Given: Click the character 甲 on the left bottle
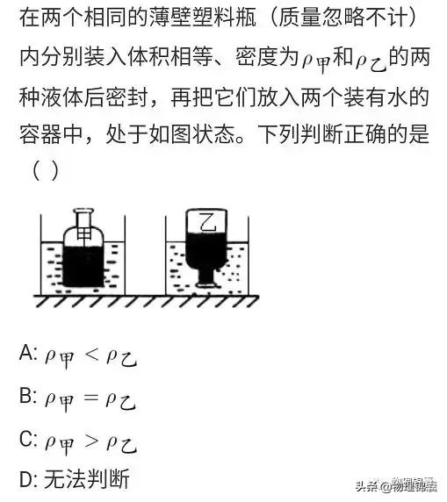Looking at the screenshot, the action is (x=83, y=235).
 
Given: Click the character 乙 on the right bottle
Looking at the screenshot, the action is (x=207, y=222).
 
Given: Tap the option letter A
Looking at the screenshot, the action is (x=26, y=353).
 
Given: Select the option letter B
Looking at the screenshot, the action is (x=25, y=396).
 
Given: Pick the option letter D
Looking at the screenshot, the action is (x=26, y=479).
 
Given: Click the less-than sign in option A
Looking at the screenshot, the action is (x=91, y=355).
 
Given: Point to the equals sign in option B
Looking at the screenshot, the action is (x=90, y=398).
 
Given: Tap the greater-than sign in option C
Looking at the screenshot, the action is (x=91, y=441).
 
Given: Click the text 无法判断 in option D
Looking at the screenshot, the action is (x=87, y=479).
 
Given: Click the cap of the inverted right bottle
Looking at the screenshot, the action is (x=205, y=283).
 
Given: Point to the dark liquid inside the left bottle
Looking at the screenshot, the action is (x=83, y=267).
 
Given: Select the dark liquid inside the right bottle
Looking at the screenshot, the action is (x=206, y=253).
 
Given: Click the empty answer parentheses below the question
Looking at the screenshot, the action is (x=45, y=170).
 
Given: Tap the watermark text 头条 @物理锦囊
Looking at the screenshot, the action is (x=397, y=486).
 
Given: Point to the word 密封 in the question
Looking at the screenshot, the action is (x=126, y=97).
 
